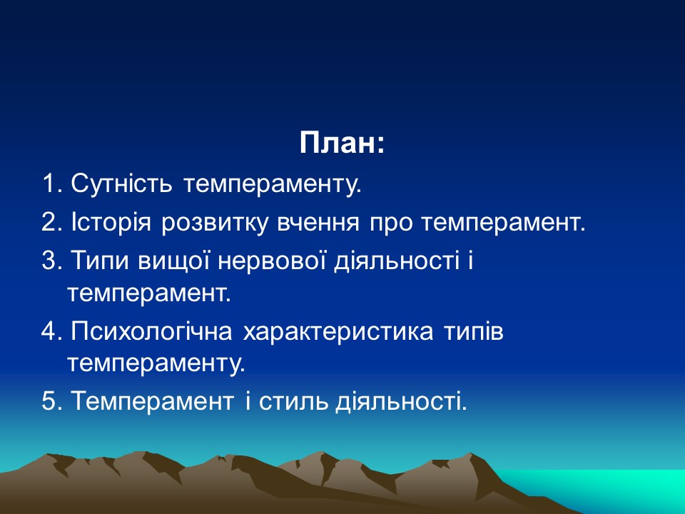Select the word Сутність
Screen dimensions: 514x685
121,185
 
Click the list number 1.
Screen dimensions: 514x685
49,185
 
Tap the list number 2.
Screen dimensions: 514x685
49,223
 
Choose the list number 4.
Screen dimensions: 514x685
49,333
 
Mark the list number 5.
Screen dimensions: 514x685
49,401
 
